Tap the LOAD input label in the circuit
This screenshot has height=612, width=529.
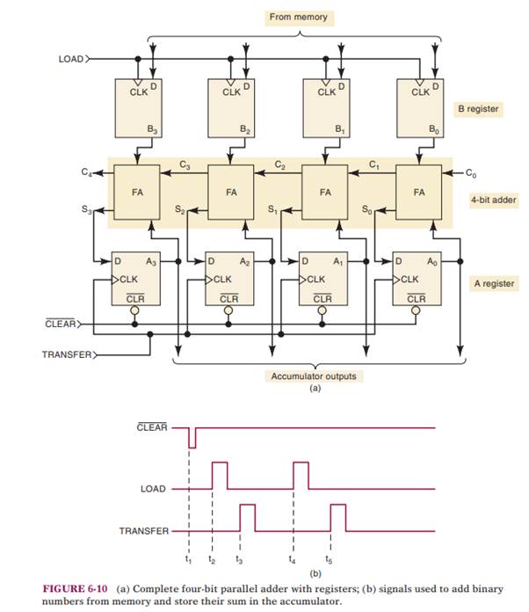(x=70, y=59)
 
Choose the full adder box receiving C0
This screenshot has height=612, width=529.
(x=419, y=189)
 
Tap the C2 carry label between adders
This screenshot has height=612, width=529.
(x=279, y=164)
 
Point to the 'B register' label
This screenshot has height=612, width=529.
(x=477, y=110)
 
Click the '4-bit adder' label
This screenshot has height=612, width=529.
(x=492, y=200)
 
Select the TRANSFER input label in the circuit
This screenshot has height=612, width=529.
(x=67, y=355)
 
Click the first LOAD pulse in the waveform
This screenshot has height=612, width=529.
(x=219, y=475)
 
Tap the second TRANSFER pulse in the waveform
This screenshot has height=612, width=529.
(x=337, y=518)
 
